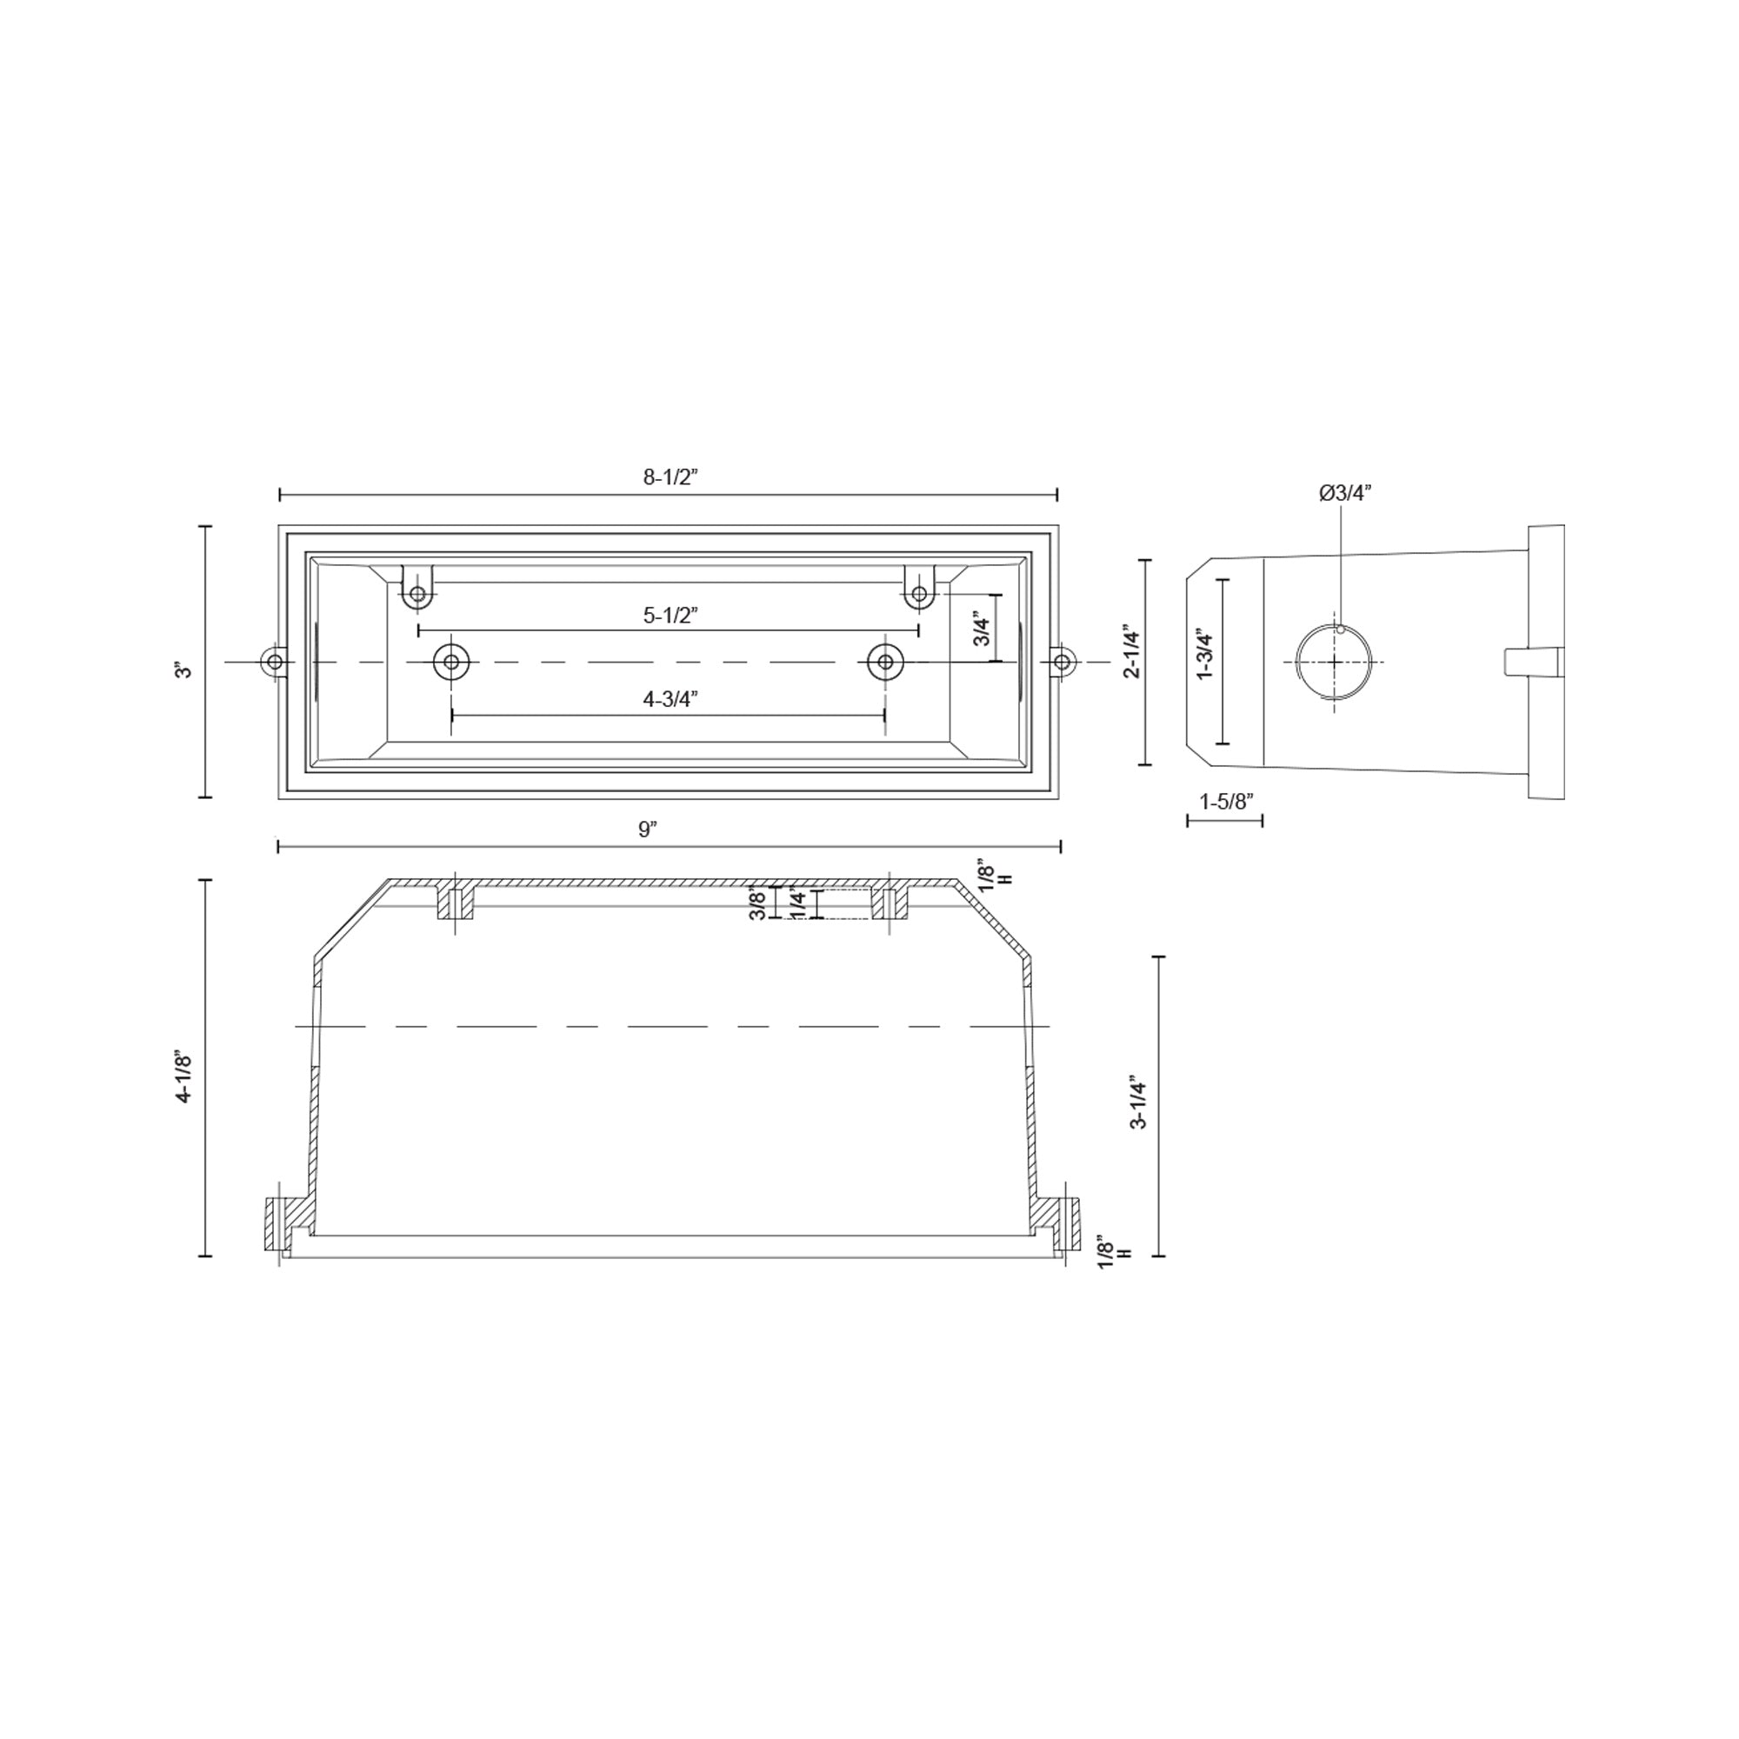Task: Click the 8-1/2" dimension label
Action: point(670,477)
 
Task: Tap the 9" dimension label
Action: point(648,829)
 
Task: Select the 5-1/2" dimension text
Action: point(670,616)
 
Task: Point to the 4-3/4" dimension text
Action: point(670,699)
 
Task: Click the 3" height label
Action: point(184,670)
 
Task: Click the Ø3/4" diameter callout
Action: point(1346,492)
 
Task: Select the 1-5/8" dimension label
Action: point(1226,801)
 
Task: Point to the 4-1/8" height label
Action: point(184,1076)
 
